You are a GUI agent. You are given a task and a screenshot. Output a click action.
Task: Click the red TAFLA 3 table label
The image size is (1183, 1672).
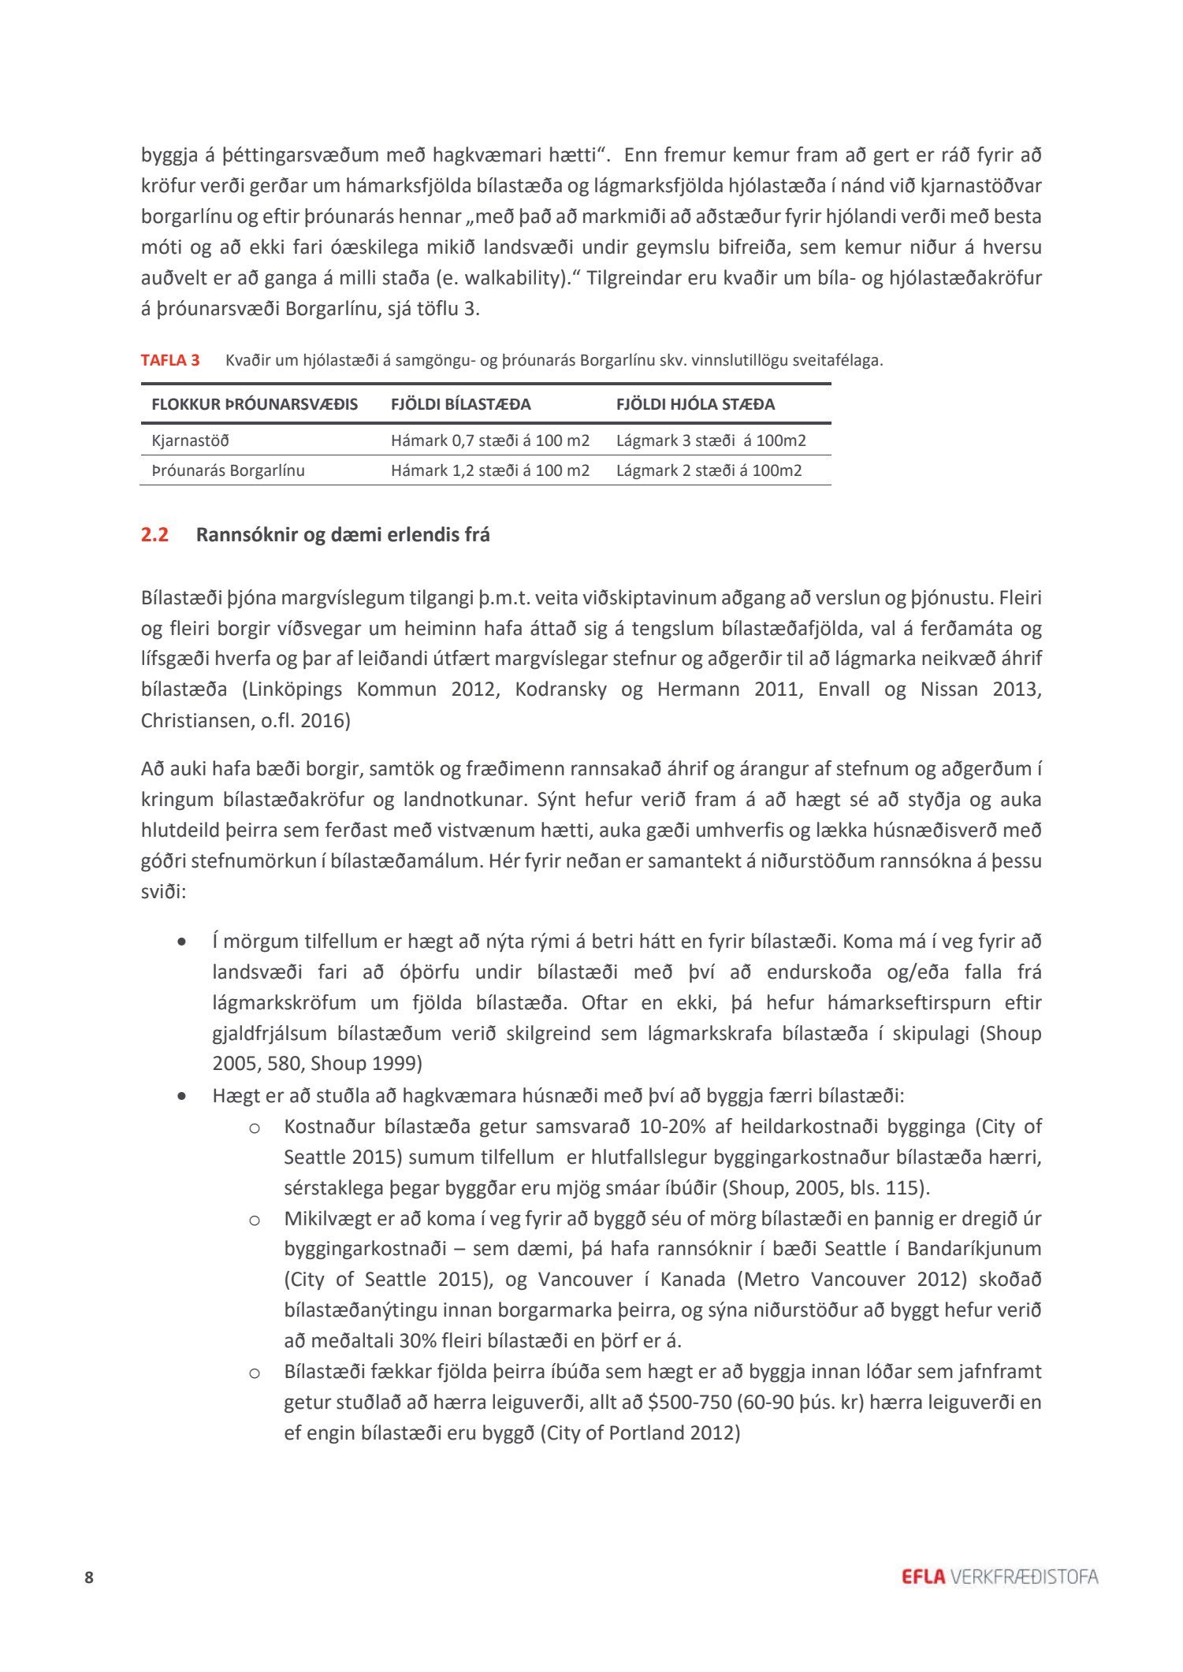pyautogui.click(x=170, y=361)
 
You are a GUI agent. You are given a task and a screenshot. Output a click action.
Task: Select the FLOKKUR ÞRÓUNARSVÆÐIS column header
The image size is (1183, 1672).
pyautogui.click(x=255, y=404)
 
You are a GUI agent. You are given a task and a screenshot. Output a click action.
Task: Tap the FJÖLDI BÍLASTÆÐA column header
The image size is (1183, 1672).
pyautogui.click(x=460, y=404)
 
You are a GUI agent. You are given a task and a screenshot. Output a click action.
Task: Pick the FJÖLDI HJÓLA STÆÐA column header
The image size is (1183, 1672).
pyautogui.click(x=695, y=404)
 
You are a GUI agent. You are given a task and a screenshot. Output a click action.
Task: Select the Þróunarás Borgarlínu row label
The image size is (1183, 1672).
pyautogui.click(x=228, y=470)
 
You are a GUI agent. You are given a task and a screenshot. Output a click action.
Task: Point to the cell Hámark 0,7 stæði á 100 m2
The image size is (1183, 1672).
pyautogui.click(x=489, y=440)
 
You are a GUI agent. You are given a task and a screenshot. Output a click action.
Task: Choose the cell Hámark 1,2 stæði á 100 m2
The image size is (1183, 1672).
pyautogui.click(x=489, y=470)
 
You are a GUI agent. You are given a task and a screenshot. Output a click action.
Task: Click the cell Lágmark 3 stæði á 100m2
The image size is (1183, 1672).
pyautogui.click(x=711, y=440)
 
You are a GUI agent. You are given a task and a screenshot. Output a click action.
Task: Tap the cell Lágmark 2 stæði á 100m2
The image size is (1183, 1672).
pyautogui.click(x=709, y=470)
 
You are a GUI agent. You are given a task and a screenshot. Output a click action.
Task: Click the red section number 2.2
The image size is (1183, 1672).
pyautogui.click(x=154, y=535)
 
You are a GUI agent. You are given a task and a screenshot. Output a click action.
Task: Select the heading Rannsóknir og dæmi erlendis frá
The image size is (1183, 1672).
pyautogui.click(x=343, y=535)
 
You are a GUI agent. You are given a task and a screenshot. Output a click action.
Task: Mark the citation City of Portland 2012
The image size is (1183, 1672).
pyautogui.click(x=640, y=1432)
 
